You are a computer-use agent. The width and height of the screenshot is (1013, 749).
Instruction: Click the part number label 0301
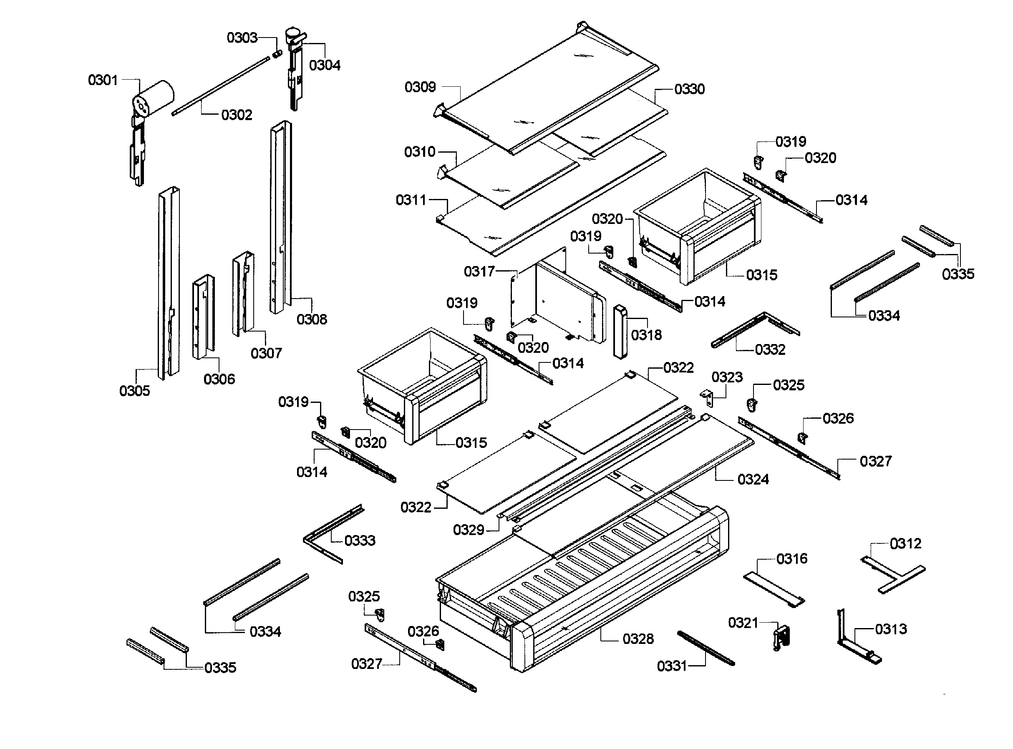tap(103, 80)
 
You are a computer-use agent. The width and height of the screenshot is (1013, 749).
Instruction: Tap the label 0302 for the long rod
tap(236, 115)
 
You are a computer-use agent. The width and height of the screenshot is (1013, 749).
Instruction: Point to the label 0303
tap(242, 38)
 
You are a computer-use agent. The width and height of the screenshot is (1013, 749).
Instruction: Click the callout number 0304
tap(325, 65)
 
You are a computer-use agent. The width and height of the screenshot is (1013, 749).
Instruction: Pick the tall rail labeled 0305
tap(168, 281)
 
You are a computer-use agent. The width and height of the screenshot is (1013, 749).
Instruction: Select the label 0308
tap(312, 319)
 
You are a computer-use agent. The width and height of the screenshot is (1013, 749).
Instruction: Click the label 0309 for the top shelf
tap(420, 87)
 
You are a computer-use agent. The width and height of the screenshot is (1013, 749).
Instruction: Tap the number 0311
tap(411, 200)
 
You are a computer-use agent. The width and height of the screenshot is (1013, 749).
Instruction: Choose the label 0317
tap(479, 271)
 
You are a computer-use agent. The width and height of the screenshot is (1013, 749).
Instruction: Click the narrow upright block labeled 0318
tap(620, 332)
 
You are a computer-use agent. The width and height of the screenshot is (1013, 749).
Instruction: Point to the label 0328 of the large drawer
tap(638, 639)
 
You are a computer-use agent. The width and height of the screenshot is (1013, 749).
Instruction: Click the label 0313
tap(891, 629)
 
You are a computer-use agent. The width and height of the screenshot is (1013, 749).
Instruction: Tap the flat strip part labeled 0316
tap(774, 589)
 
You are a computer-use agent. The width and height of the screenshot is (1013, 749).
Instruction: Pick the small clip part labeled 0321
tap(781, 637)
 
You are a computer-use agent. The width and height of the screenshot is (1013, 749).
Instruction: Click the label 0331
tap(672, 666)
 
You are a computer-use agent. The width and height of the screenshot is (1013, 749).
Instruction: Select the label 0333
tap(360, 540)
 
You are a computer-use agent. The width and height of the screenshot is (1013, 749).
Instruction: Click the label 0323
tap(727, 377)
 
